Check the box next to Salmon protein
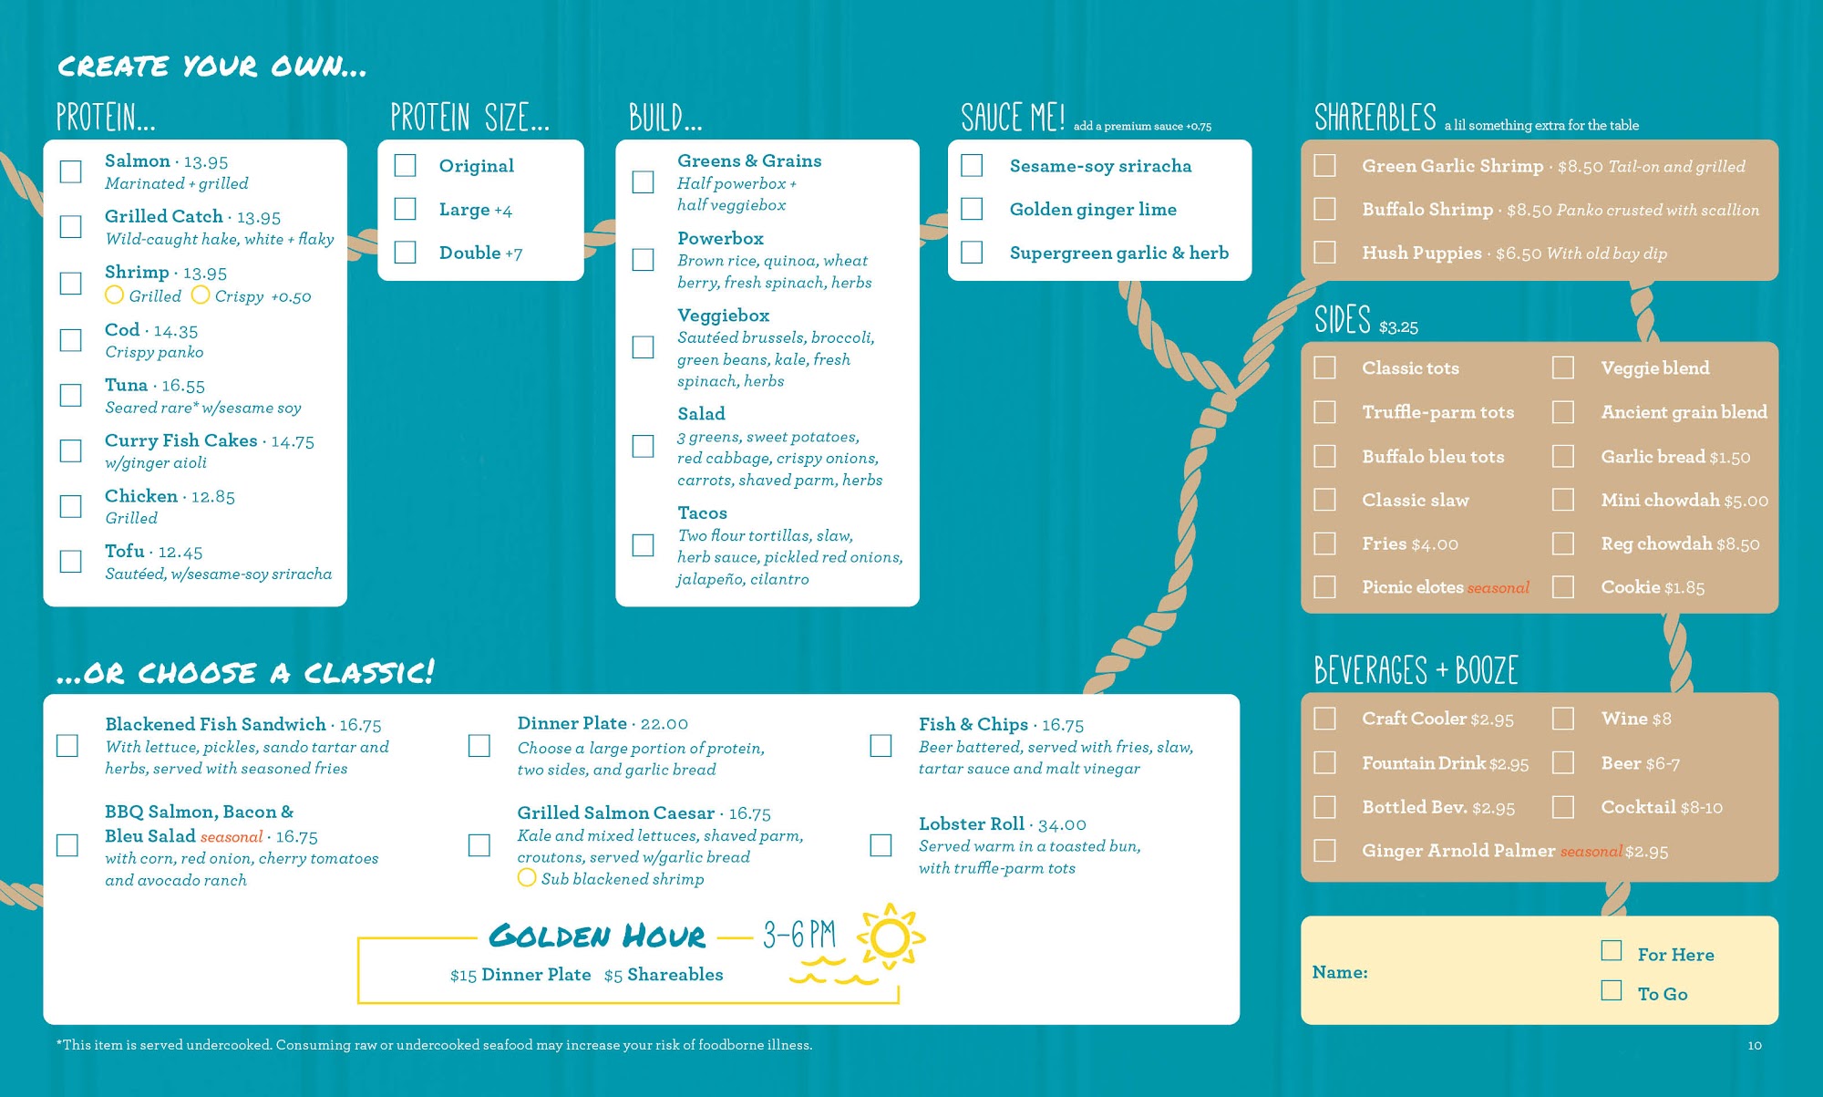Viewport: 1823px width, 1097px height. (70, 171)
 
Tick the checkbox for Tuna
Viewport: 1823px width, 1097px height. (70, 395)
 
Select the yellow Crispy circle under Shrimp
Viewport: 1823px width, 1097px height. (201, 295)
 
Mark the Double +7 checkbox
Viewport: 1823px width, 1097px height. (405, 252)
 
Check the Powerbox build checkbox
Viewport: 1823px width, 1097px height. (643, 260)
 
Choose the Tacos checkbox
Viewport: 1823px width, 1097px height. (643, 545)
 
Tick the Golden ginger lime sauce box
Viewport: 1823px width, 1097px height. (972, 209)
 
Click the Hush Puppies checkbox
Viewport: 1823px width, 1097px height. (1324, 252)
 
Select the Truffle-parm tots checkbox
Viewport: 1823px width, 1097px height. (1324, 412)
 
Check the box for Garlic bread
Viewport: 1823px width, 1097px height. (1563, 456)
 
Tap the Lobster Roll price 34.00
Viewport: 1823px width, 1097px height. (1062, 824)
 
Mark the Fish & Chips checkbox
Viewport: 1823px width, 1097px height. (881, 746)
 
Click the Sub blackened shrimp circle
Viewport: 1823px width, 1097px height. (527, 877)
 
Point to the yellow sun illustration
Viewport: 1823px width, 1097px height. (890, 937)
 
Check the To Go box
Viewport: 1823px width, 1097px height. (1612, 990)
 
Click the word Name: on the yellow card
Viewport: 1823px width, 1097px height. (1340, 972)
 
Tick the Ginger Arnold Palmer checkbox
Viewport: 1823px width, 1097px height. (1324, 850)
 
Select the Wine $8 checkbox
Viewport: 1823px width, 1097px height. (1563, 719)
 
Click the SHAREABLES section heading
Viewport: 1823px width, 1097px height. (1375, 118)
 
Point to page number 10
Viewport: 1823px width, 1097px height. (1755, 1045)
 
